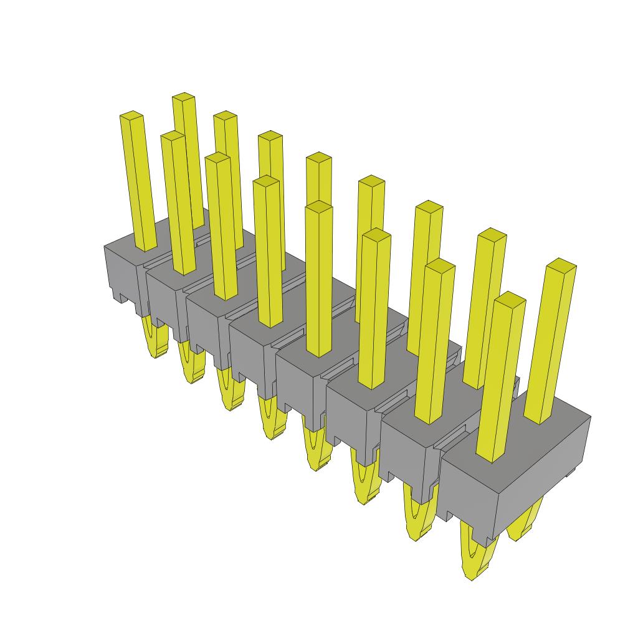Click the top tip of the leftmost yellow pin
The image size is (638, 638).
[x=131, y=116]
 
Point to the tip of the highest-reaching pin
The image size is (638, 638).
[x=183, y=97]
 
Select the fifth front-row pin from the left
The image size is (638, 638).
[x=319, y=280]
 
